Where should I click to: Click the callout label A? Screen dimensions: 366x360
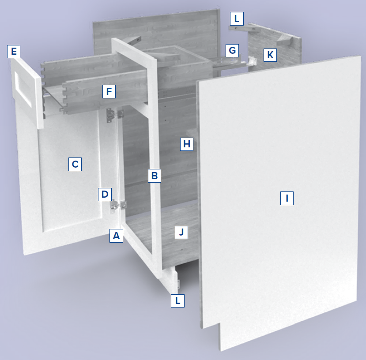pos(116,236)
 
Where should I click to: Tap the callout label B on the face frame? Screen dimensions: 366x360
pos(154,176)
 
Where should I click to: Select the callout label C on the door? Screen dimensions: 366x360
pos(75,164)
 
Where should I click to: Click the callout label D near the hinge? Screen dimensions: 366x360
pos(105,194)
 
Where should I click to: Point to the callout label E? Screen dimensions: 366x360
pos(14,51)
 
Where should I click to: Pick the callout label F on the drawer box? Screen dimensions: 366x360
pos(109,91)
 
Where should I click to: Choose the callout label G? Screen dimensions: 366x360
pos(232,50)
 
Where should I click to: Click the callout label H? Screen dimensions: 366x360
pos(187,144)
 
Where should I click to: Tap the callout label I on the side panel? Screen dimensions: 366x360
pos(287,199)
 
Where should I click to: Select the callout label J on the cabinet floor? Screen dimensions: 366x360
pos(181,232)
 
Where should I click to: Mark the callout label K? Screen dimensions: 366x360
pos(270,55)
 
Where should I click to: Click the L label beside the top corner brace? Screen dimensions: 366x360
pos(237,19)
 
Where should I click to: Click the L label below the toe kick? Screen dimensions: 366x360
pos(177,300)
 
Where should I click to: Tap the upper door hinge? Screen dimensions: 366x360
pos(114,115)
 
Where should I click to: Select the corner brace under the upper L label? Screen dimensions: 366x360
pos(243,29)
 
